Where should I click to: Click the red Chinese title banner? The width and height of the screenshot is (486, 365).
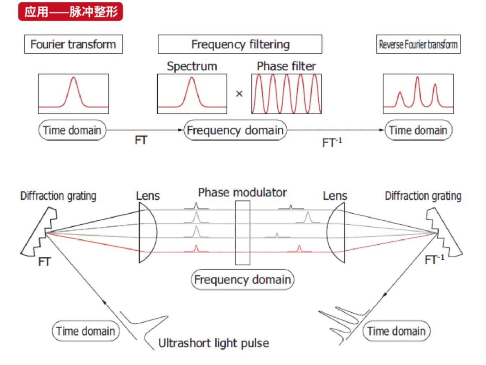[x=70, y=12]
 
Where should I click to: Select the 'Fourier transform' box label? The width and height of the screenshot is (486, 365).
[x=73, y=44]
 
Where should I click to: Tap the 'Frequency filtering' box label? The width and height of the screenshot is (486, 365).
[x=240, y=44]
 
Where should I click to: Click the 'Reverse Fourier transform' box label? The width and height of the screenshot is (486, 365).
[x=418, y=44]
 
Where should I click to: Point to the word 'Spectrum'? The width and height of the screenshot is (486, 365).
[x=192, y=66]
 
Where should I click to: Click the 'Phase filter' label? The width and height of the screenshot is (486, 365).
[x=286, y=66]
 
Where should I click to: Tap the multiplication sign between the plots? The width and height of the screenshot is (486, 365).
[x=239, y=94]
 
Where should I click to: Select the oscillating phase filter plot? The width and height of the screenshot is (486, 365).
[x=287, y=94]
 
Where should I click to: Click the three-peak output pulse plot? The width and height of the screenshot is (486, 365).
[x=418, y=94]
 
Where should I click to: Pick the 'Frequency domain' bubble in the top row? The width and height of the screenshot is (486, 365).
[x=235, y=130]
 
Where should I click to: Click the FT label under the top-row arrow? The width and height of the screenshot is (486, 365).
[x=141, y=140]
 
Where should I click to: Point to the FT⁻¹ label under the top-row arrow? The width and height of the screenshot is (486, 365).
[x=332, y=142]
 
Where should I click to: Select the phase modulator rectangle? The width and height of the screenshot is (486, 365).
[x=242, y=233]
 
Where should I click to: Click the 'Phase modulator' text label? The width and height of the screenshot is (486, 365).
[x=242, y=193]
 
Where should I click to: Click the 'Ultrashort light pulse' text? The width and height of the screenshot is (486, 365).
[x=214, y=343]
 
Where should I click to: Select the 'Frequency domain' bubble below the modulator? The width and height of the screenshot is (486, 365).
[x=242, y=280]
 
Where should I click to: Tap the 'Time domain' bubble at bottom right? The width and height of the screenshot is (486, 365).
[x=396, y=331]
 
